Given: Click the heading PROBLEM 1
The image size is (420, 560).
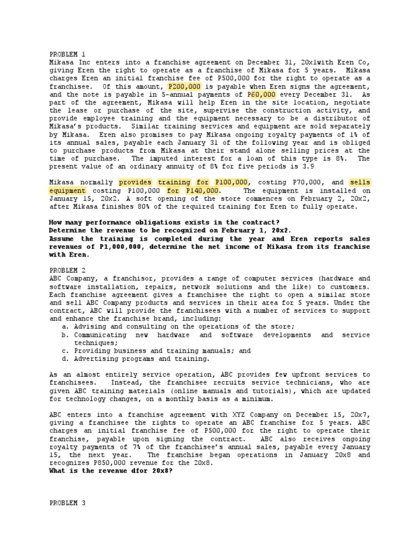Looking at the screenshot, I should [x=67, y=55].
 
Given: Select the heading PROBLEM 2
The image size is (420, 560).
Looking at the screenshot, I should [x=67, y=270].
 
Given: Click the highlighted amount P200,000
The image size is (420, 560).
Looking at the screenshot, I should [x=184, y=86].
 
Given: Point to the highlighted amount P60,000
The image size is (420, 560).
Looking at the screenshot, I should [x=261, y=94].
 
